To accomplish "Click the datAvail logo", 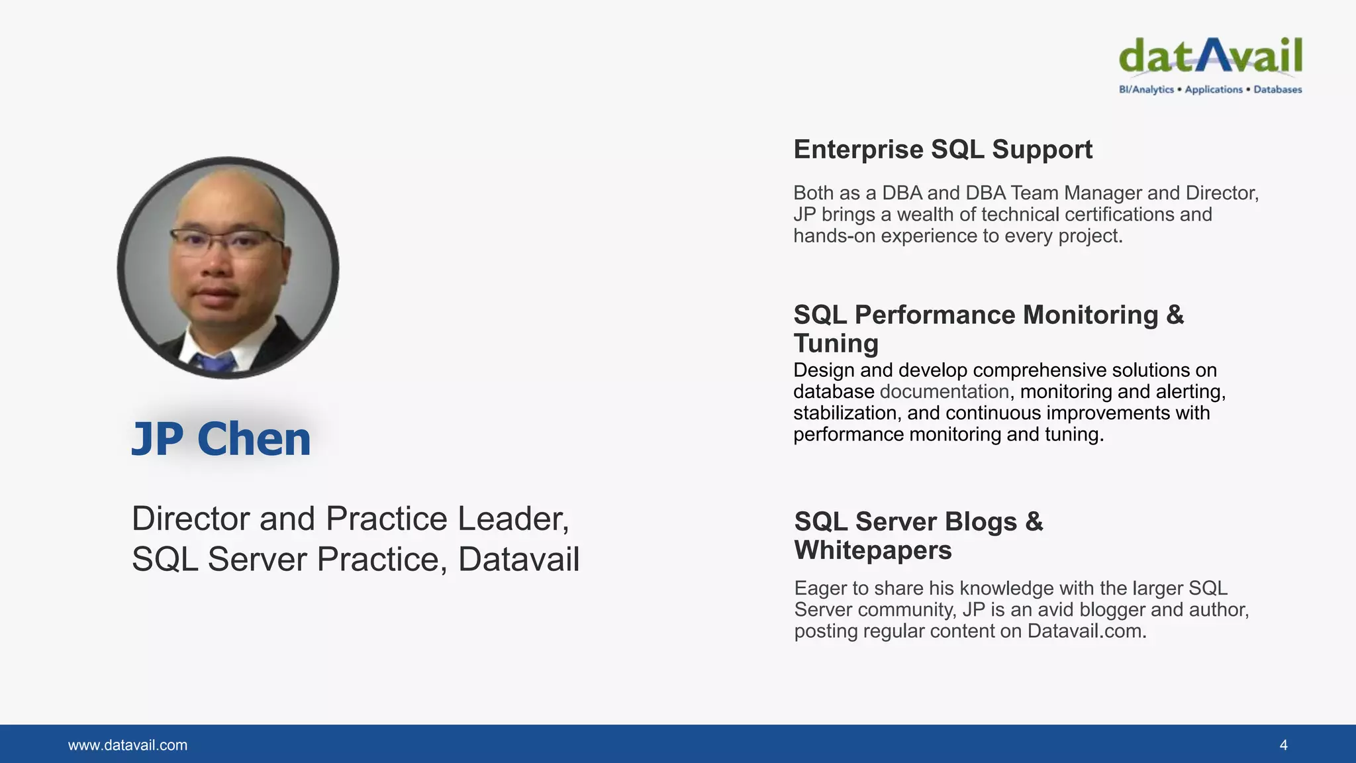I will tap(1210, 56).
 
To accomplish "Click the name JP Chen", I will tap(221, 439).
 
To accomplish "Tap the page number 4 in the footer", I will tap(1283, 745).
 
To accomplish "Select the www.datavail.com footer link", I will tap(128, 745).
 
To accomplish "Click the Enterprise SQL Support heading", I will tap(942, 150).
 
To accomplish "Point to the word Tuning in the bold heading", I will tap(836, 343).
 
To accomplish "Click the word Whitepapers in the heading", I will tap(873, 550).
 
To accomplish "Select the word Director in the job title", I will tap(189, 519).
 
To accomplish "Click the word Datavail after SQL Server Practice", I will tap(518, 559).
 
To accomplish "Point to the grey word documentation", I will tap(944, 391).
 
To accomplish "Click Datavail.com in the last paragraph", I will tap(1086, 631).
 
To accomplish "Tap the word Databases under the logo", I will tap(1277, 89).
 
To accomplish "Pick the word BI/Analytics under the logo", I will tap(1146, 89).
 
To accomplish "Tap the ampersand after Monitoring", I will tap(1175, 315).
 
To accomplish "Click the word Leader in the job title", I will tap(512, 519).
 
